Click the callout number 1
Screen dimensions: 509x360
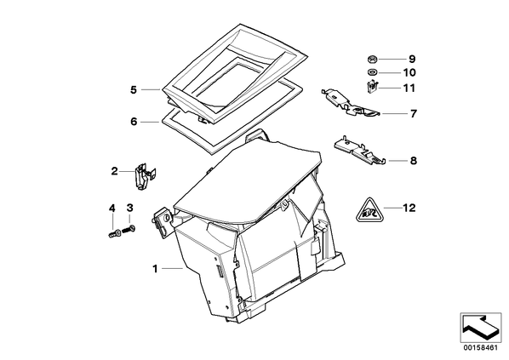coord(155,269)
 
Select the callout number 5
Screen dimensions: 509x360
coord(134,90)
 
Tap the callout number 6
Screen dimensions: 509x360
coord(134,122)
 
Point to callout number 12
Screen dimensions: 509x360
coord(409,208)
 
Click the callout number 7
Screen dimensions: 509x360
coord(413,114)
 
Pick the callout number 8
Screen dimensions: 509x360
coord(413,161)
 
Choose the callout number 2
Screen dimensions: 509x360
coord(114,171)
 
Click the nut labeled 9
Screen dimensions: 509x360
coord(372,59)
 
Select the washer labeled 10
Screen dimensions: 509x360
coord(372,72)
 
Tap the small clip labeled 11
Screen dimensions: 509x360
coord(372,88)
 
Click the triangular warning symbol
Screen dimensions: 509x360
coord(369,211)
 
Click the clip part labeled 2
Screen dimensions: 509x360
coord(144,176)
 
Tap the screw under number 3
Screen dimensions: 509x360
coord(129,229)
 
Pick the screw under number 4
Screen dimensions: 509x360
coord(114,233)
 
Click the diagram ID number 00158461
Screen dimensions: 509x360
coord(480,348)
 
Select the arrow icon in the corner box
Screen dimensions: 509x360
coord(480,327)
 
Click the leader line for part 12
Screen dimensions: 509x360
coord(392,208)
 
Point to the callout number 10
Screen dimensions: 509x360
coord(409,72)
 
